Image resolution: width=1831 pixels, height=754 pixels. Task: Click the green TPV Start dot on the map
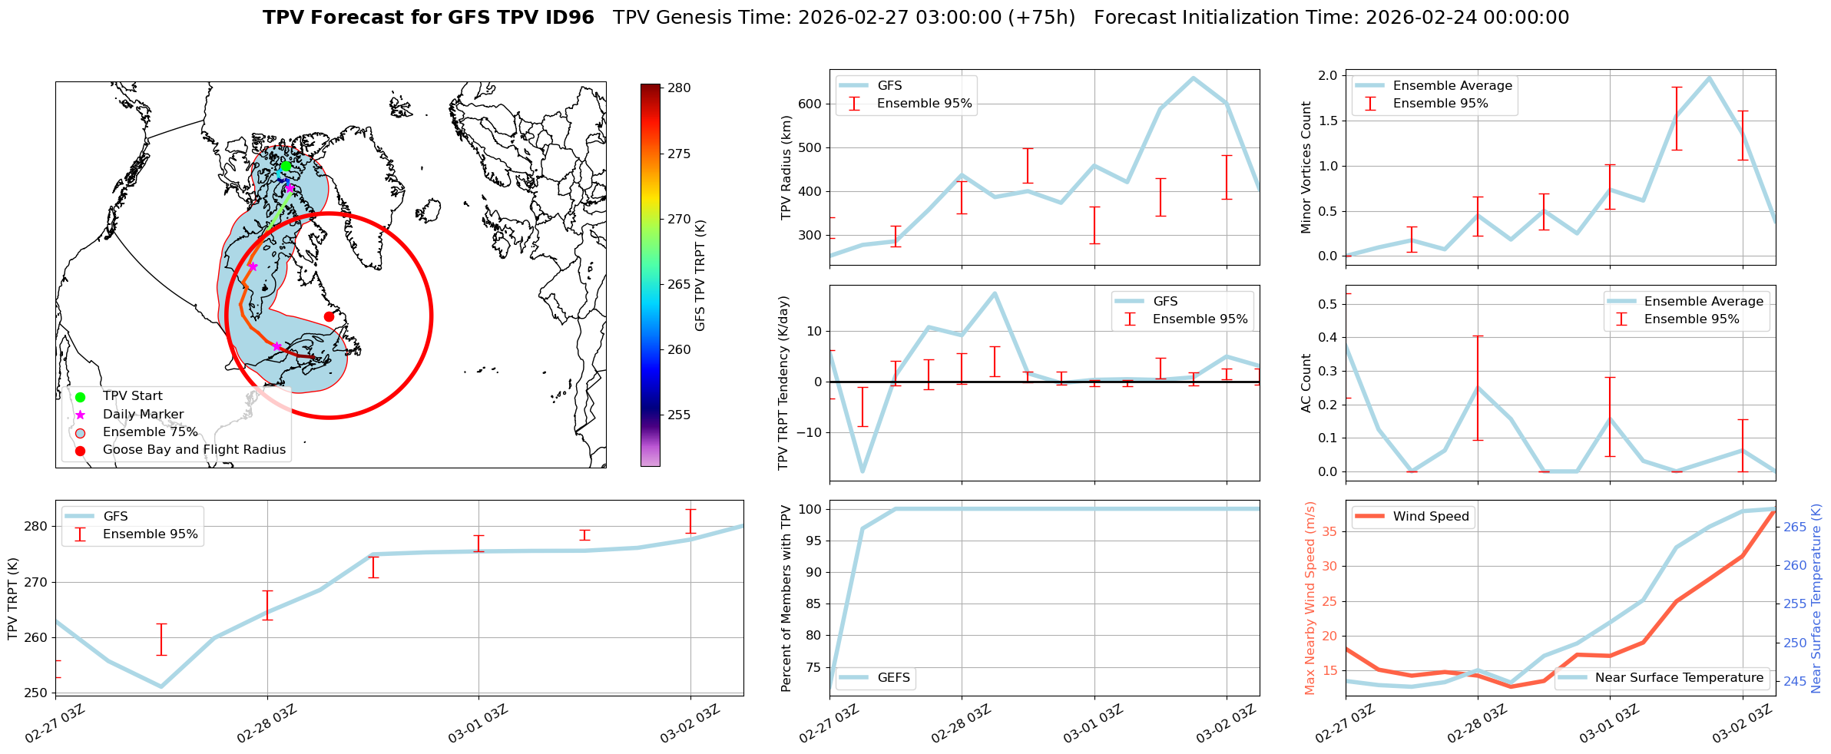click(x=285, y=167)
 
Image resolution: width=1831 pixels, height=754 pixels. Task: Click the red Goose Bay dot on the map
click(x=329, y=316)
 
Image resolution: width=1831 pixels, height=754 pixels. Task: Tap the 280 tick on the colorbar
click(x=678, y=88)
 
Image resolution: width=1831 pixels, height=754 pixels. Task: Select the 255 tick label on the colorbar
click(x=679, y=415)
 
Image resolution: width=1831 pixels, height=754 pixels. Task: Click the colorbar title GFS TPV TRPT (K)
click(x=700, y=276)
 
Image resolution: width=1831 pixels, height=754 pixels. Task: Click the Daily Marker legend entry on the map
click(x=143, y=415)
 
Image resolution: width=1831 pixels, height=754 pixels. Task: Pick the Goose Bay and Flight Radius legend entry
click(x=194, y=450)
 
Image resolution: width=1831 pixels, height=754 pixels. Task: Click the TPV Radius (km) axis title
click(x=786, y=167)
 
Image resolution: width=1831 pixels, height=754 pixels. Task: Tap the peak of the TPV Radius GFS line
click(x=1193, y=78)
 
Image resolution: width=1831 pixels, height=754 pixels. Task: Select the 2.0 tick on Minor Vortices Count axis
click(x=1328, y=75)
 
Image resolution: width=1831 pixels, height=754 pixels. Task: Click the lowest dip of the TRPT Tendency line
click(x=863, y=471)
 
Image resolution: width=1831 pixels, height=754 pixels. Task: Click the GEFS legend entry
click(x=893, y=678)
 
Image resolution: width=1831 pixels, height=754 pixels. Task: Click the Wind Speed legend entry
click(x=1430, y=517)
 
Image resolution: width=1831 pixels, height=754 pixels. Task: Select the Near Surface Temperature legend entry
click(x=1678, y=678)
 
